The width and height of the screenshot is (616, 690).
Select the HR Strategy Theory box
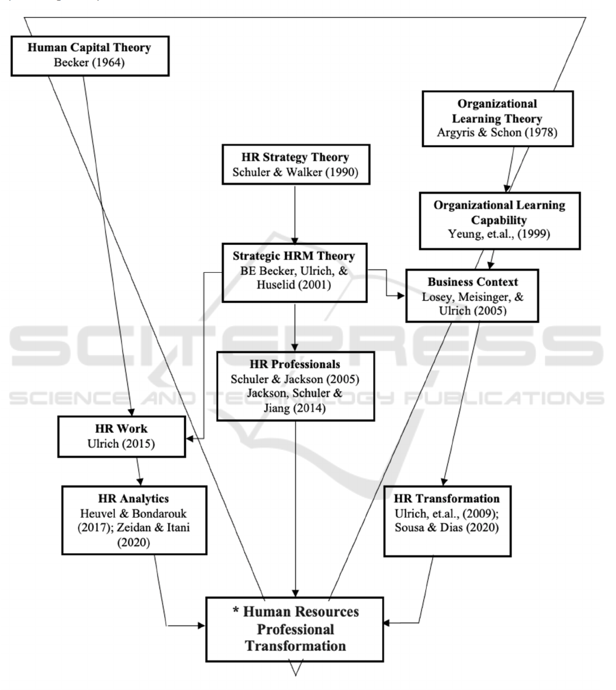point(295,163)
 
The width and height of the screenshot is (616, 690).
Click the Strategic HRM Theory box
point(295,271)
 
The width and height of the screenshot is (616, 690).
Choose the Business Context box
point(472,295)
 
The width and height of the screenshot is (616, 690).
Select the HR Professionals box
point(295,386)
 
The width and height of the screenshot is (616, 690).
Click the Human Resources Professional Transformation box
point(295,628)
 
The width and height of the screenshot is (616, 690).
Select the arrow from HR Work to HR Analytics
point(139,472)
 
